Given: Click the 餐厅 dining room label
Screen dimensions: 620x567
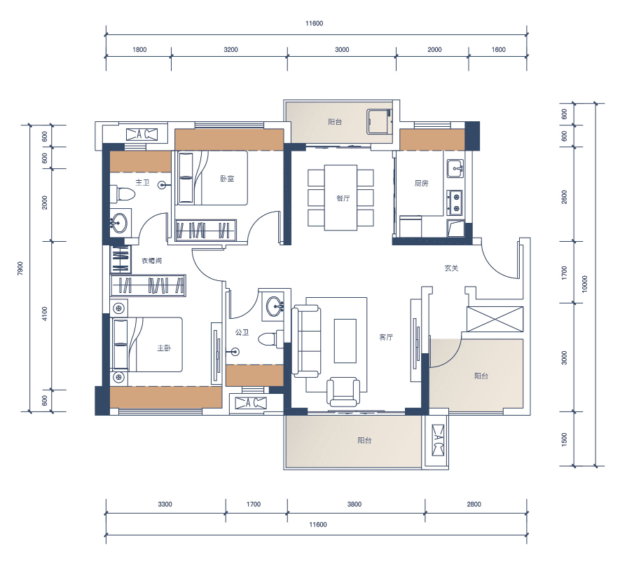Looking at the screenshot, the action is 343,198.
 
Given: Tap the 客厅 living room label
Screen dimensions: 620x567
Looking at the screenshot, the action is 386,337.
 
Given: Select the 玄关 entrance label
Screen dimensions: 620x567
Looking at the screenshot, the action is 451,268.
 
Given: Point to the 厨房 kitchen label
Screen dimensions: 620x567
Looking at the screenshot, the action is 421,183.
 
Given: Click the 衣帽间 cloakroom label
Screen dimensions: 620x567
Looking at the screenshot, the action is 152,261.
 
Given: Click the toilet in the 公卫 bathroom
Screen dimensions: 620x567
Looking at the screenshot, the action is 270,339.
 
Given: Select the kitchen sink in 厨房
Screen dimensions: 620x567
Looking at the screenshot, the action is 455,169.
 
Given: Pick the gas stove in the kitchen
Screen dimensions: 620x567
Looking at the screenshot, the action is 455,203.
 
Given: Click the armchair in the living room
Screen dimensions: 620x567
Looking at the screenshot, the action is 343,392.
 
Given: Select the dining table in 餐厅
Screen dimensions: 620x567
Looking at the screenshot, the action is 341,198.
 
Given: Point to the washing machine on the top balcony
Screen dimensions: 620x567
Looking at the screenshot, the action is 379,121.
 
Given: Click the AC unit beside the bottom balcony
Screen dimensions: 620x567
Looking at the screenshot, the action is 438,440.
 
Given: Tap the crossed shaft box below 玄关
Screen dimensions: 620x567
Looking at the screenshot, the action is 495,319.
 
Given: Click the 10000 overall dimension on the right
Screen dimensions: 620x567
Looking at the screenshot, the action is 585,284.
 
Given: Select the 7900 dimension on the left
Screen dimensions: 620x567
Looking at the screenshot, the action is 20,268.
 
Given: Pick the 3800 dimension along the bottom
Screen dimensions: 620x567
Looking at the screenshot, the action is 354,504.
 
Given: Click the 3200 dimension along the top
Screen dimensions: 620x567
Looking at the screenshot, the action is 231,50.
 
